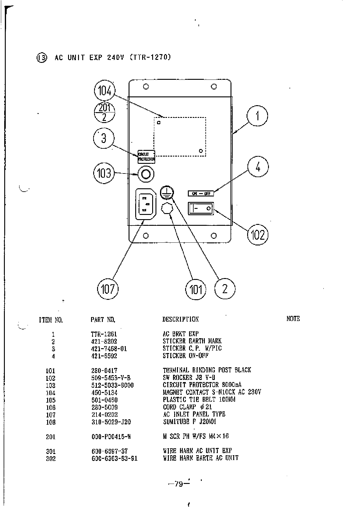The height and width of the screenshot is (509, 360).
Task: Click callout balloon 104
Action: pos(105,90)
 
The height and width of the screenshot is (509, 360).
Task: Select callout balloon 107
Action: pos(108,289)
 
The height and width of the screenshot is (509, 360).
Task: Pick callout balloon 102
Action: pos(258,234)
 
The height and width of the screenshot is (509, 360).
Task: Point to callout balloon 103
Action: pos(104,173)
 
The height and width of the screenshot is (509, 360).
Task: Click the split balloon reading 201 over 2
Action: pos(104,112)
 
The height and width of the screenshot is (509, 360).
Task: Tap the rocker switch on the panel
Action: pos(201,209)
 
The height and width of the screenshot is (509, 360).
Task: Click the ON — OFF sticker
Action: pos(201,193)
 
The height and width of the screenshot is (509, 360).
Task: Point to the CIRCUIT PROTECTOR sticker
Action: pos(146,157)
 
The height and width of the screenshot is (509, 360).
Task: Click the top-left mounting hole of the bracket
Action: pos(146,87)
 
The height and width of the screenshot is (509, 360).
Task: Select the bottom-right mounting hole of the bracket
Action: pos(214,236)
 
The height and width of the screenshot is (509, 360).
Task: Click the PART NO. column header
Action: pos(103,319)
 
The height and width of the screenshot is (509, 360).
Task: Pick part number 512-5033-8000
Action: pos(112,385)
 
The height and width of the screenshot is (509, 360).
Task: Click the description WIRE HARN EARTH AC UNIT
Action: pos(201,458)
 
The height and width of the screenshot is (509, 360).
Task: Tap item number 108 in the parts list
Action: pos(51,422)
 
